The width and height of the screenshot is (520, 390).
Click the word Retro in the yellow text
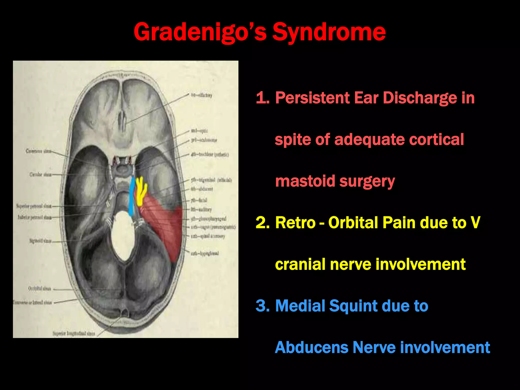tap(295, 223)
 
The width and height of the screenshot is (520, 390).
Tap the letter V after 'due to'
tap(475, 223)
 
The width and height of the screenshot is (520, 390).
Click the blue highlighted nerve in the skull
tap(132, 197)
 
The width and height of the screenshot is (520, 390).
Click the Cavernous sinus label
tap(38, 151)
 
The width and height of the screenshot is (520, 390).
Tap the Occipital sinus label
tap(39, 289)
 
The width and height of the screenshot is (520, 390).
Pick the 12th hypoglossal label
tap(205, 253)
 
